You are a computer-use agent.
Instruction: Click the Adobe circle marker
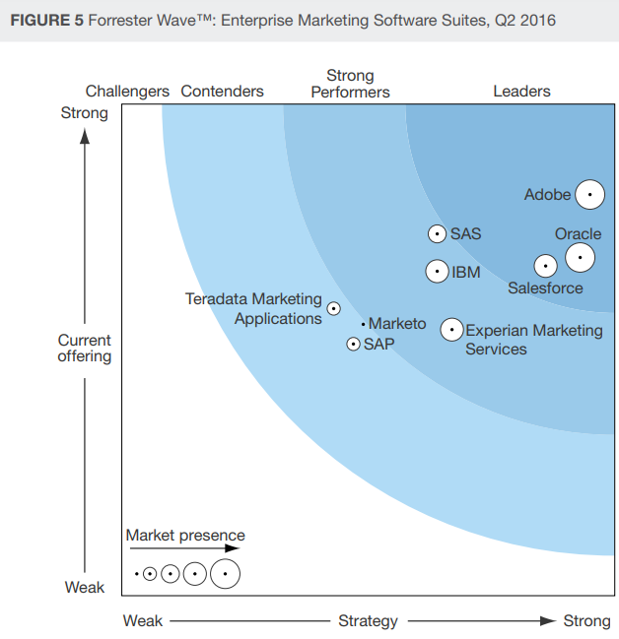589,195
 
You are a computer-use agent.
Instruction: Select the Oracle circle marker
580,258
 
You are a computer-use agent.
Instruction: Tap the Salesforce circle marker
545,266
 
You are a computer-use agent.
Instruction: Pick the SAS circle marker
437,234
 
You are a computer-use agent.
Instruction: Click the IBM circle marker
438,271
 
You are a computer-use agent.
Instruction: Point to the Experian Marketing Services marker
451,330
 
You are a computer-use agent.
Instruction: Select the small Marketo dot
363,324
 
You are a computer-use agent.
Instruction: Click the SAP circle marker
353,344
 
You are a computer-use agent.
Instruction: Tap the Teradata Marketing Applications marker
333,308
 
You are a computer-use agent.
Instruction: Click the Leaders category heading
521,92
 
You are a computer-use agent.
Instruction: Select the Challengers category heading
127,92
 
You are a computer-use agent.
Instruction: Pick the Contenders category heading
222,92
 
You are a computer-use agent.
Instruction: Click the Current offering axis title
85,348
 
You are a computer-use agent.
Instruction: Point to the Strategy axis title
368,621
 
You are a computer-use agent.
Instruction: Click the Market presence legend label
185,536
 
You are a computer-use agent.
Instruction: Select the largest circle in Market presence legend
226,572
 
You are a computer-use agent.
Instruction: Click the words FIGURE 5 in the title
45,21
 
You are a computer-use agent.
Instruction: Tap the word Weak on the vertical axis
85,588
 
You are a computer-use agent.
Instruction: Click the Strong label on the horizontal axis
586,621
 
